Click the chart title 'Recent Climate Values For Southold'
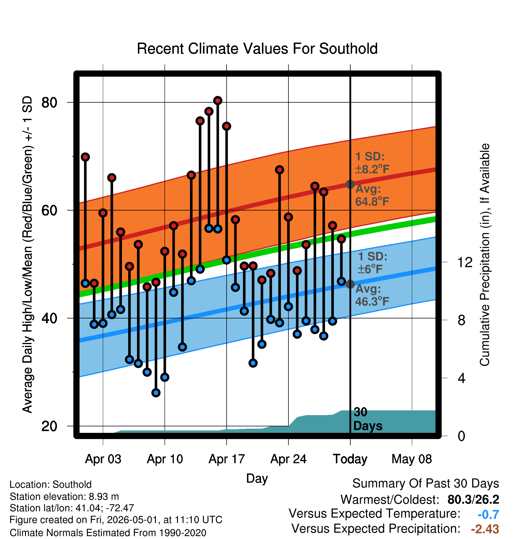(x=257, y=49)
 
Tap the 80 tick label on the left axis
(x=49, y=103)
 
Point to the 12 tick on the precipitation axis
(x=465, y=262)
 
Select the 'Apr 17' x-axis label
(x=227, y=459)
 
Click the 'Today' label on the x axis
(x=350, y=459)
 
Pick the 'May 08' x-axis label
(x=412, y=459)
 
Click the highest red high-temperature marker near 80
(x=218, y=101)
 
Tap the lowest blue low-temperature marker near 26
(x=156, y=392)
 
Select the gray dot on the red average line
(x=350, y=184)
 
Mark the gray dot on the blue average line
(x=350, y=284)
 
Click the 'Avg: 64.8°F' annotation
(x=372, y=195)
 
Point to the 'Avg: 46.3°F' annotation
(x=372, y=295)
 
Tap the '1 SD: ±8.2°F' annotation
(x=372, y=163)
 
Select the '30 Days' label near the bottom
(x=368, y=419)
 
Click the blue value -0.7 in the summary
(x=488, y=515)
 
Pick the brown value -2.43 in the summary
(x=485, y=529)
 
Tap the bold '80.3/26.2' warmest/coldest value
(x=473, y=499)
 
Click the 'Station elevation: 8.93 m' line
(x=64, y=497)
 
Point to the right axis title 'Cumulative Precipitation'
(x=485, y=255)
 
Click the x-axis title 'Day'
(x=257, y=478)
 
